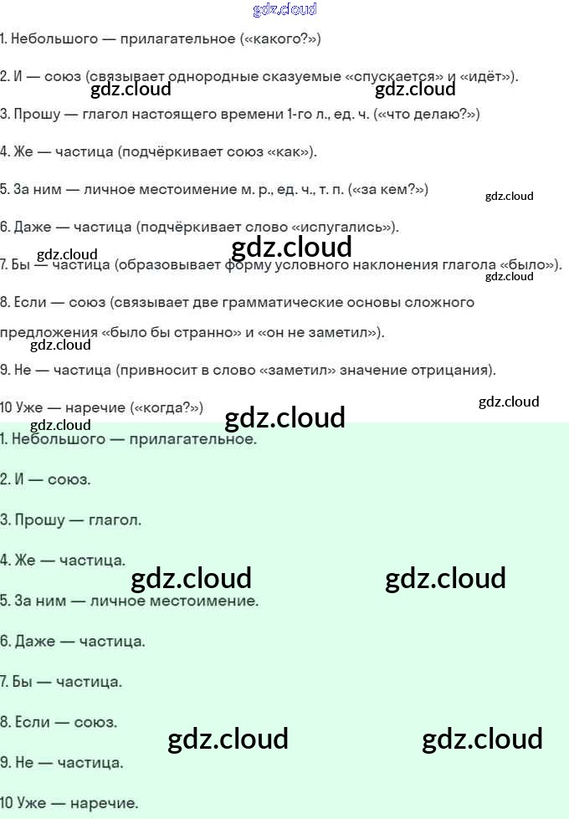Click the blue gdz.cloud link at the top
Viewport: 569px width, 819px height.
coord(284,9)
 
